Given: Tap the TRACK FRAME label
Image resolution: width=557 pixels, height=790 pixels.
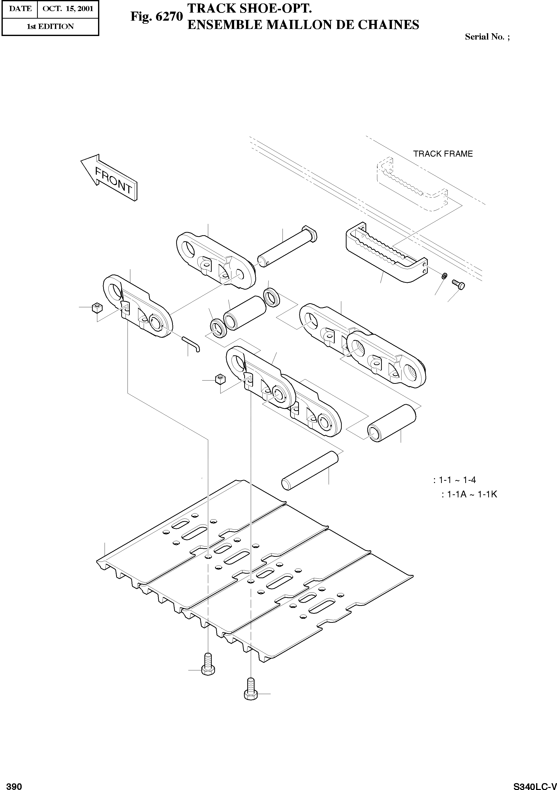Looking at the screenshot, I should pos(443,154).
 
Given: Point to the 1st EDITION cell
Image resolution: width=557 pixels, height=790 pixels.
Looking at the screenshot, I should pos(50,26).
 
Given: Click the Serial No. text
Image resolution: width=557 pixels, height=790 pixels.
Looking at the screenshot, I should pos(487,37).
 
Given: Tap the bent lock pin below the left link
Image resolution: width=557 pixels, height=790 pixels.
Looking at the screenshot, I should pos(191,344).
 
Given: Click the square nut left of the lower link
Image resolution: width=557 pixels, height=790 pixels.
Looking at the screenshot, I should pos(220,380).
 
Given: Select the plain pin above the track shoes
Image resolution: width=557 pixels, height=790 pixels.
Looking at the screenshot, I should pos(310,471).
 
